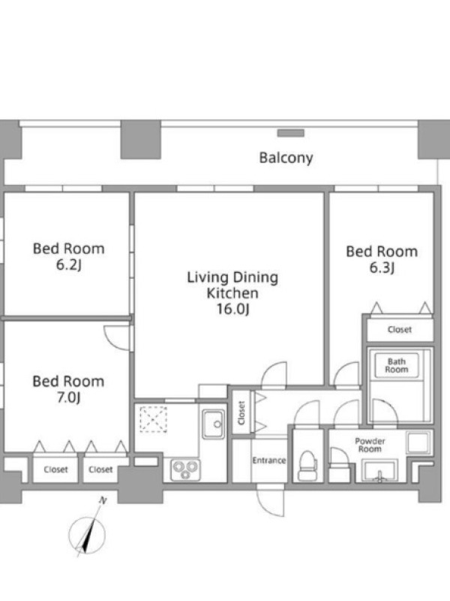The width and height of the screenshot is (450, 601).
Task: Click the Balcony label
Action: (286, 158)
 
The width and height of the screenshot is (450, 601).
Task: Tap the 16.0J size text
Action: (232, 309)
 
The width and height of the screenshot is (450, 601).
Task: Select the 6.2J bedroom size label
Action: (69, 265)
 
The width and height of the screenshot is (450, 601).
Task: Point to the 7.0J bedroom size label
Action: (68, 398)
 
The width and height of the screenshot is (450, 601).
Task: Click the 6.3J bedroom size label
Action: (382, 267)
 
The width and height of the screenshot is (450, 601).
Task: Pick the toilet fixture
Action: (307, 465)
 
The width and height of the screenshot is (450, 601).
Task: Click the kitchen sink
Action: (214, 424)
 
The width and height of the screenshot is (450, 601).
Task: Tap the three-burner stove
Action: (185, 470)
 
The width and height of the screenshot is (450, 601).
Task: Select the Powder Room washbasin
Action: (379, 470)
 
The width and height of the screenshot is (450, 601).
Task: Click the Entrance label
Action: (269, 461)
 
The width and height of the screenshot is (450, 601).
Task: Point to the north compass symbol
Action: (87, 533)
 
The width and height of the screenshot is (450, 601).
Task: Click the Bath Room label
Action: (397, 365)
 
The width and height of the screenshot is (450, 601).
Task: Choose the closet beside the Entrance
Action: (241, 412)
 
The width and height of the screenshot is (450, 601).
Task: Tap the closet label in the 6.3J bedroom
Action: (400, 329)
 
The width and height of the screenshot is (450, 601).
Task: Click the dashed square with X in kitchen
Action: (153, 419)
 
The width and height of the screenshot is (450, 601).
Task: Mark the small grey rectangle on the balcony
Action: (291, 133)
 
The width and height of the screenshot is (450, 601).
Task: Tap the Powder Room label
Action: (370, 445)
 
